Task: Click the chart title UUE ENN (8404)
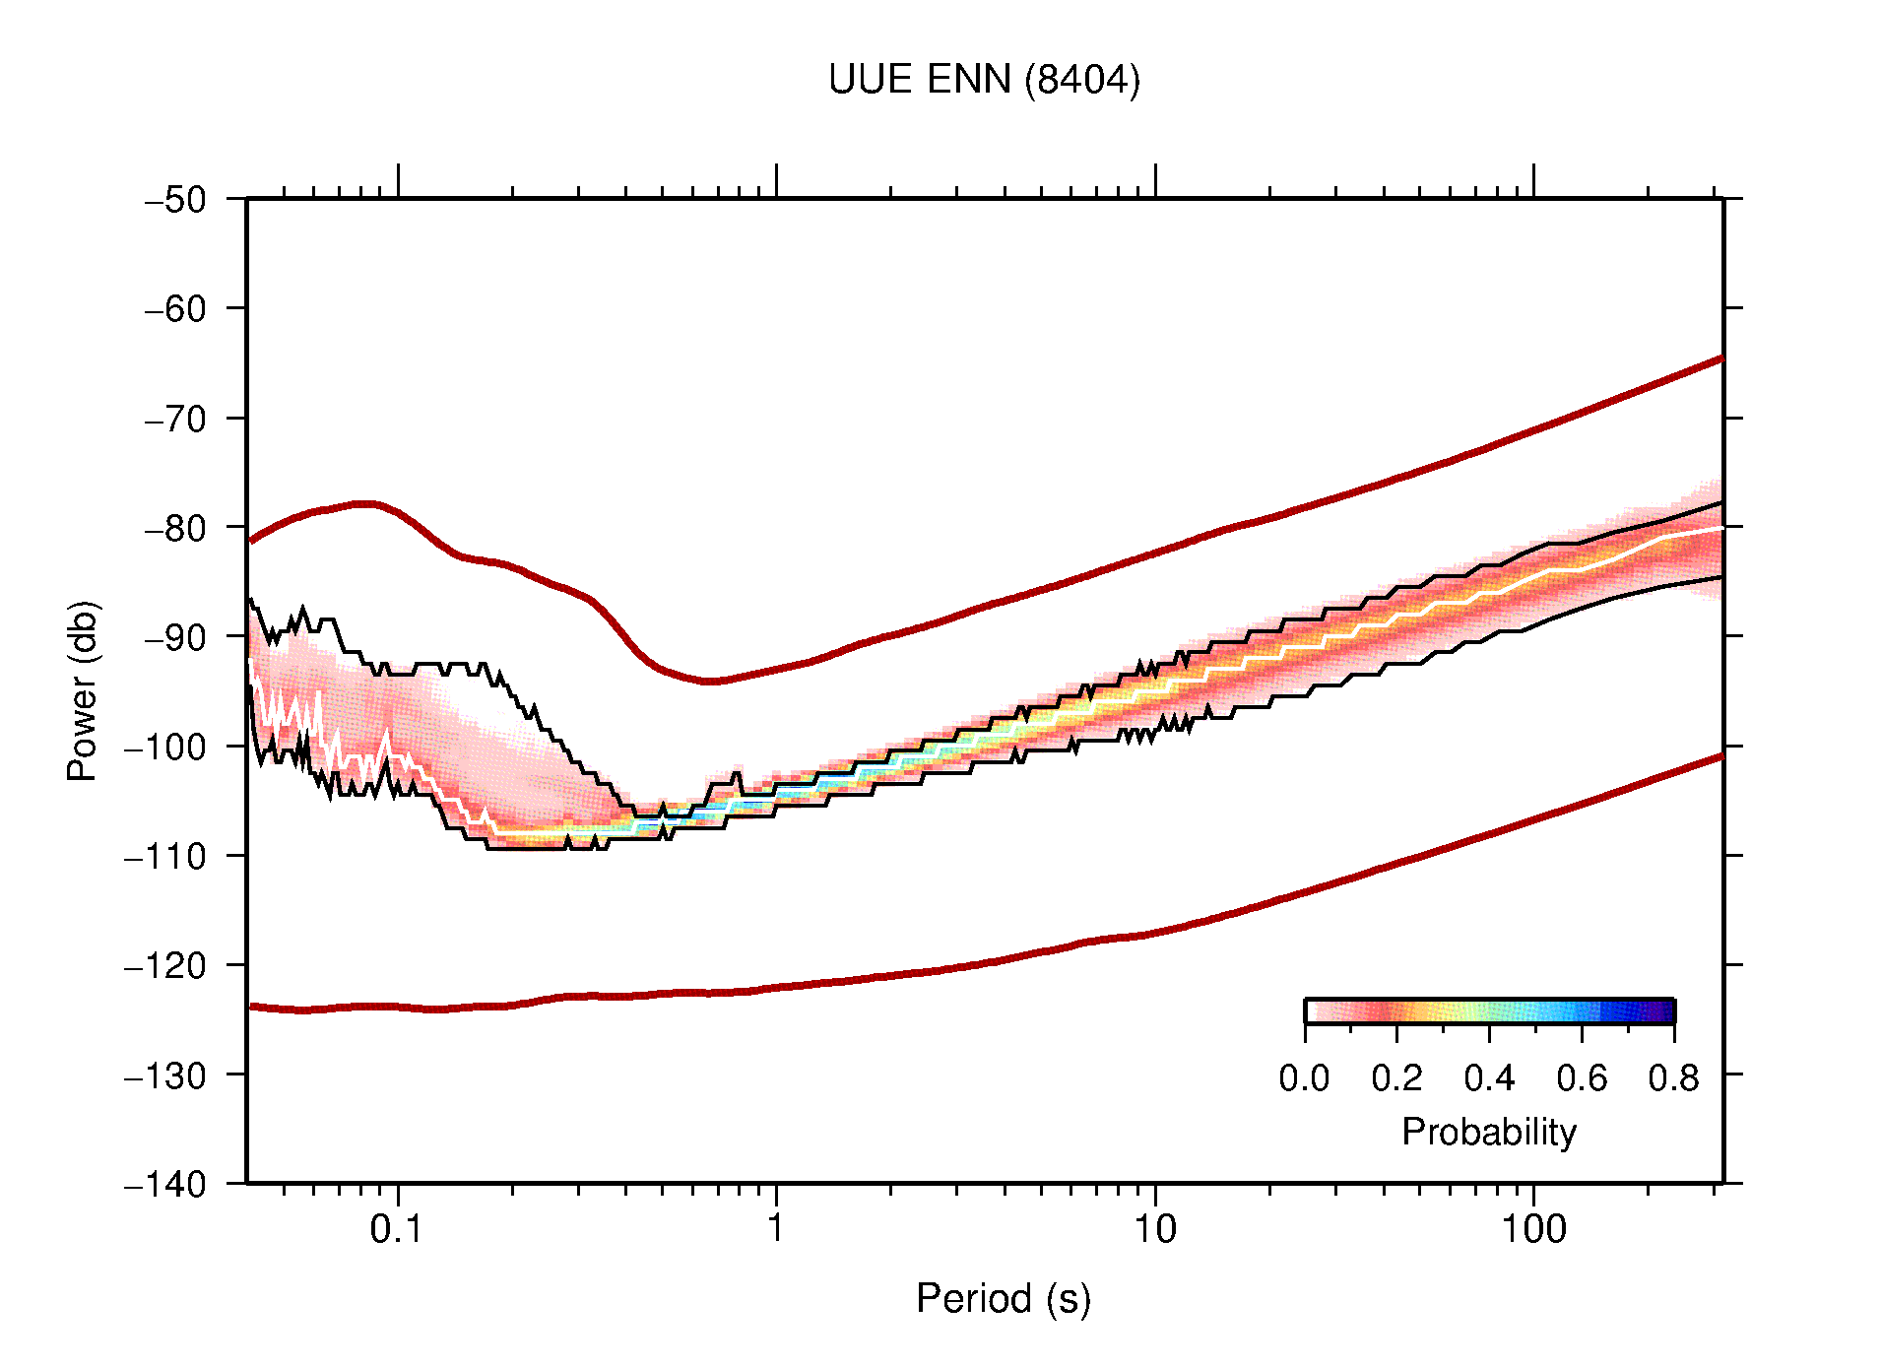(x=984, y=80)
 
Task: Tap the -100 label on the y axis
(x=165, y=747)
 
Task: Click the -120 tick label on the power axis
(x=165, y=966)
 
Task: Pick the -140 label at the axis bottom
(x=165, y=1185)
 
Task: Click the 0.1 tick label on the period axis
(x=397, y=1229)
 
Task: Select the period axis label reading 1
(x=776, y=1229)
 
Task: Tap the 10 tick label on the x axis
(x=1154, y=1229)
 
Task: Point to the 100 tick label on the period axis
(x=1533, y=1229)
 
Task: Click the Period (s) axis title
(x=1003, y=1299)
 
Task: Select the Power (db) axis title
(x=83, y=690)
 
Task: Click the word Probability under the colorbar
(x=1489, y=1133)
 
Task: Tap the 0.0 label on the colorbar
(x=1304, y=1079)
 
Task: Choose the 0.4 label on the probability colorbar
(x=1489, y=1079)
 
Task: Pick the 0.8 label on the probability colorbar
(x=1673, y=1079)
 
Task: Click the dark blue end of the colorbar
(x=1664, y=1011)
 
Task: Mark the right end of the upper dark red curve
(x=1720, y=358)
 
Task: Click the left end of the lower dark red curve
(x=251, y=1007)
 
